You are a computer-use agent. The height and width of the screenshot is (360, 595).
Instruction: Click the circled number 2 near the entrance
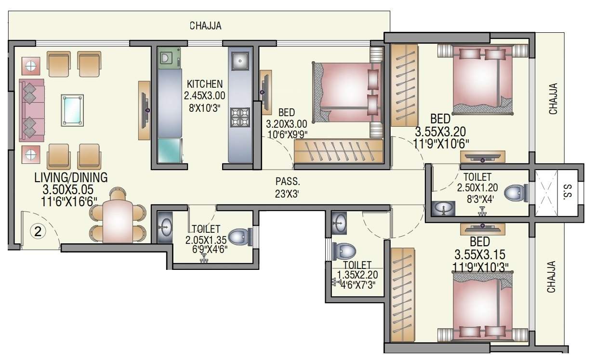[39, 231]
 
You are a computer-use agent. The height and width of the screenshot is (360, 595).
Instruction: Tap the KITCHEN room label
[205, 84]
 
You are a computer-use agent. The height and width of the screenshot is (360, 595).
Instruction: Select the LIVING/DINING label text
[71, 177]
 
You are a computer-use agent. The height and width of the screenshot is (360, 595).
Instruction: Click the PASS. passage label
[288, 182]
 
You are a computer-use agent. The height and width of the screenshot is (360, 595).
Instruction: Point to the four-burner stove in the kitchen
[240, 117]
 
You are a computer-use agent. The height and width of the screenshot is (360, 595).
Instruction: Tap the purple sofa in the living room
[31, 110]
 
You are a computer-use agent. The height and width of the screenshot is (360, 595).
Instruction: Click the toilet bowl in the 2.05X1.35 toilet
[239, 237]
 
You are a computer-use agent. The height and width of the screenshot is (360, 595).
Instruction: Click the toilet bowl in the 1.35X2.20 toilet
[345, 251]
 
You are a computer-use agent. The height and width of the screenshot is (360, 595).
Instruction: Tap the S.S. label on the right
[567, 192]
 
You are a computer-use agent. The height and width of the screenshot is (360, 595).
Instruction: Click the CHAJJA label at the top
[205, 26]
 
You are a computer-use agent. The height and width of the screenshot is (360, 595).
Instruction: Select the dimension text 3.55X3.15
[479, 254]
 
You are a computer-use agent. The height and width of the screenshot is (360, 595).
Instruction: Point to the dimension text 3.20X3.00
[286, 124]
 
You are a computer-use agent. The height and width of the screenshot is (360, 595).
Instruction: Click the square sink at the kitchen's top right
[240, 60]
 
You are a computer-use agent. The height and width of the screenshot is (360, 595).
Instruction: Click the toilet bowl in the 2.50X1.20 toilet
[516, 194]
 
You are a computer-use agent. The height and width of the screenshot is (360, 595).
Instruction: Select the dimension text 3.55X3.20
[440, 131]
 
